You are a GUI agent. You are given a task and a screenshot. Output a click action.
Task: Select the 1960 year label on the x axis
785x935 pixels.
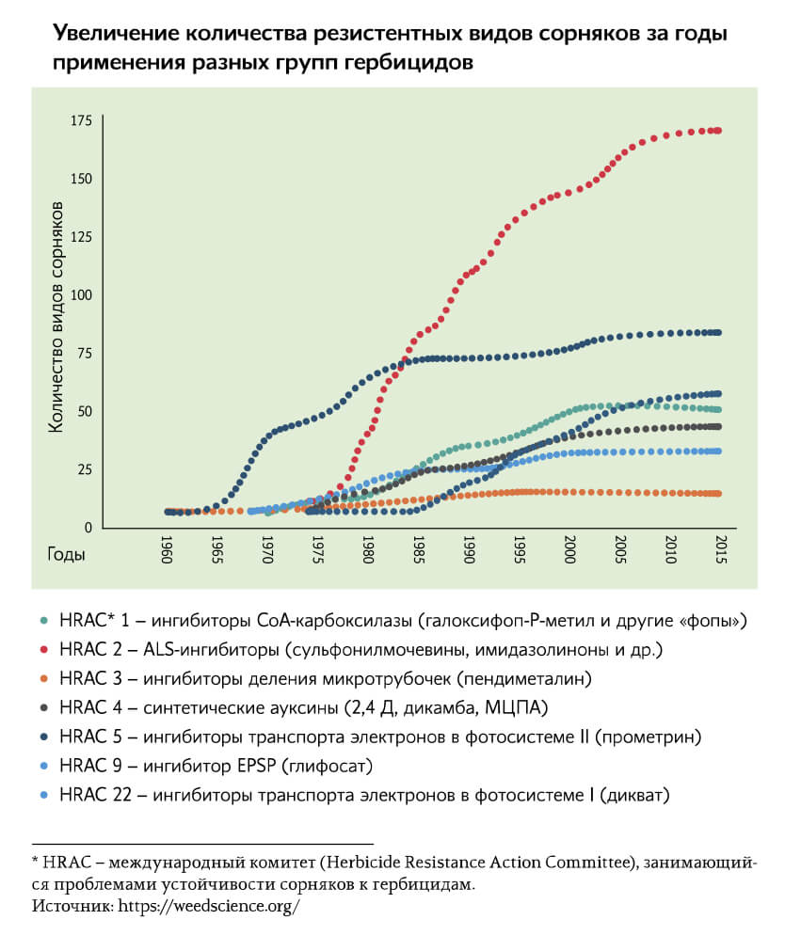(x=167, y=549)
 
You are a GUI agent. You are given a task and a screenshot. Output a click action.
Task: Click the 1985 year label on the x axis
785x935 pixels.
(x=418, y=549)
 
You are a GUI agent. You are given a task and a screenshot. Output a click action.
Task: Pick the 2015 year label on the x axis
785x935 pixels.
(x=720, y=549)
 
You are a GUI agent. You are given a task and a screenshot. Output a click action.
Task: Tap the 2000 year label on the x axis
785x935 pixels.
(x=569, y=549)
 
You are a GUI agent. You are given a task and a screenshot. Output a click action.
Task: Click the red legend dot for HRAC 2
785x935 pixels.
(x=44, y=649)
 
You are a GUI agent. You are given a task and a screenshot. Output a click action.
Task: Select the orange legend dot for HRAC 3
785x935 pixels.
(x=44, y=678)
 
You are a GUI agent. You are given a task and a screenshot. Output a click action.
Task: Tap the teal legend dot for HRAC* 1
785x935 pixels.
(x=44, y=620)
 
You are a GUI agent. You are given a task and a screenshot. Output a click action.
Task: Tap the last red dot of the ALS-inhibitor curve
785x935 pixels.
(x=718, y=131)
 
